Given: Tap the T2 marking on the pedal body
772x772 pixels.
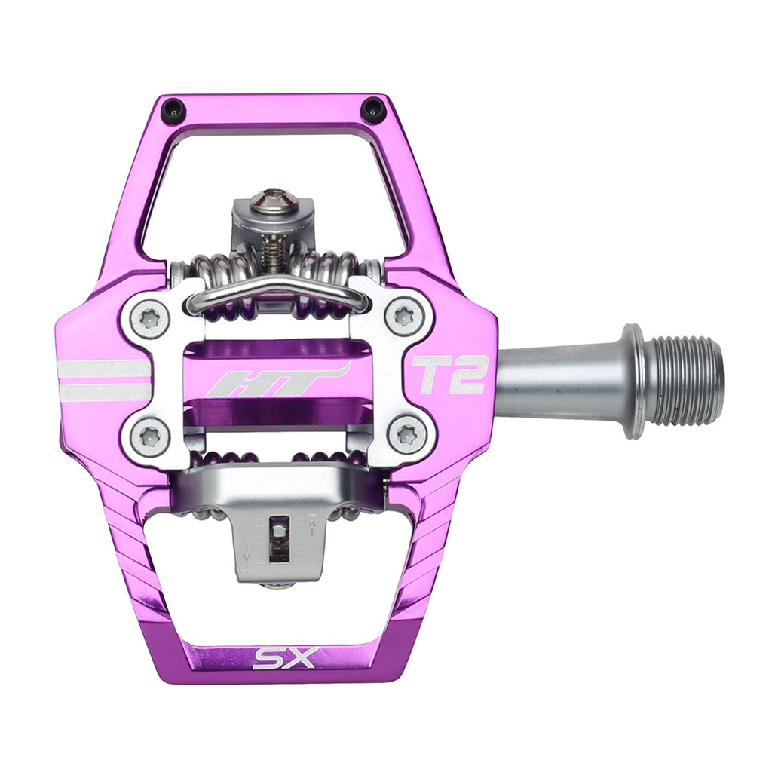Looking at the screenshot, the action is point(449,375).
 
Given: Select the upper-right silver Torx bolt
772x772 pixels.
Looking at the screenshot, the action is point(404,317).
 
